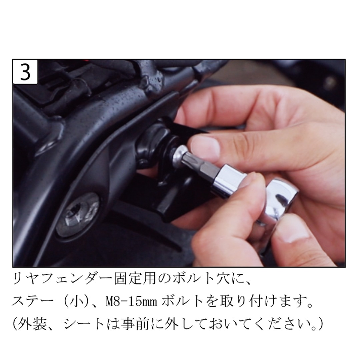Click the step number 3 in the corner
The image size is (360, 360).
[25, 72]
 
